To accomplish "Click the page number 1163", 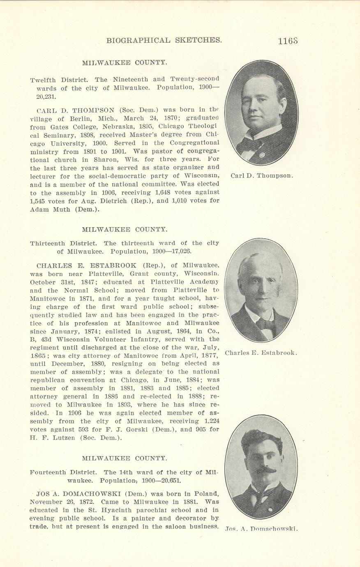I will point(287,41).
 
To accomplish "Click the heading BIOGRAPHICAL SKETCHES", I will point(164,40).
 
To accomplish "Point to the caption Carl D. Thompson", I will point(262,176).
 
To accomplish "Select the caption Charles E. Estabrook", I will point(261,353).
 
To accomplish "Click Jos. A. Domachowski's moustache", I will point(264,470).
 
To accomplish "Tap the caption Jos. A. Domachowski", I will point(261,529).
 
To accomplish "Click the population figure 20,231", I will point(46,97).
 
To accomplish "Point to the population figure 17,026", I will point(179,251).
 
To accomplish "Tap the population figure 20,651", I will point(167,480).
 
